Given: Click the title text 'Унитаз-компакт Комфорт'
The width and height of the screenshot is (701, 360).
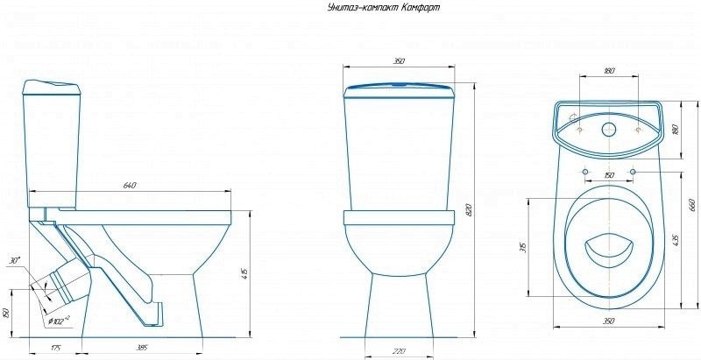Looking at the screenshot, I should (x=383, y=8).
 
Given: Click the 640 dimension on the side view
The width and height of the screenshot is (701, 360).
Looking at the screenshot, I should (x=130, y=185).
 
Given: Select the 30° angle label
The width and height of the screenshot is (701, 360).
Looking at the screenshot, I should (x=14, y=261).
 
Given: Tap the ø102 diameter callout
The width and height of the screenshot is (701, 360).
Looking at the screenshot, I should (x=58, y=321).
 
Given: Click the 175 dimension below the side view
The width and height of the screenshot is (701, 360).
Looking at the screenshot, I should (x=56, y=349).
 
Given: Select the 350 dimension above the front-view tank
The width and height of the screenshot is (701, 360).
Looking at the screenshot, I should (x=398, y=62).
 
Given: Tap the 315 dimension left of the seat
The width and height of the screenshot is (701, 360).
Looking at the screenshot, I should (x=522, y=248).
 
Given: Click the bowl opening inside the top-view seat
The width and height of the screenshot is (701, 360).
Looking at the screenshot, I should (x=605, y=250).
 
